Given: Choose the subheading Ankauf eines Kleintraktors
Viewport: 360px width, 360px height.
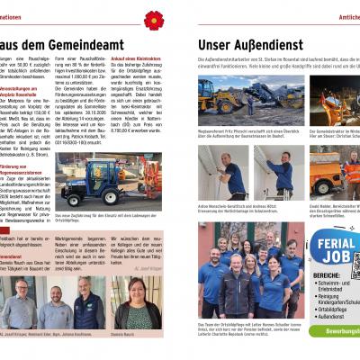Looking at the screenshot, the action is [x=137, y=60].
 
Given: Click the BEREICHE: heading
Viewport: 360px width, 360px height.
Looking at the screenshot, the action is [x=325, y=274].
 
